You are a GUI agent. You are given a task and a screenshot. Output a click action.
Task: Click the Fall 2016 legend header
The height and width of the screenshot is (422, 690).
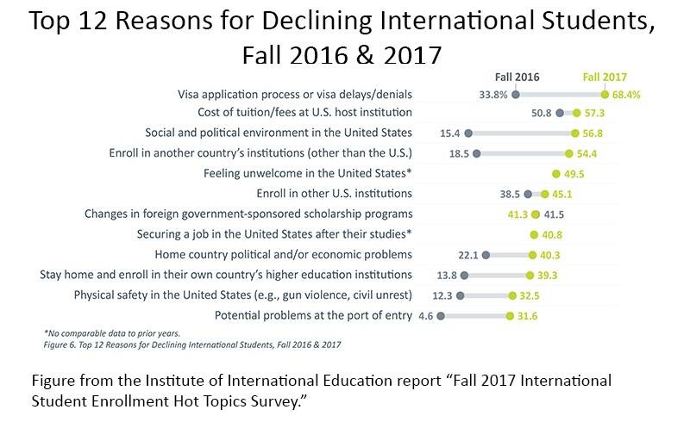[517, 77]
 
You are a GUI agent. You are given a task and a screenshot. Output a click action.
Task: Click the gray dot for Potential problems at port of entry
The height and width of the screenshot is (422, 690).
[441, 316]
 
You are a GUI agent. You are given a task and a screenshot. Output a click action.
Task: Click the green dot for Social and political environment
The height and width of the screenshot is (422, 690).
[574, 133]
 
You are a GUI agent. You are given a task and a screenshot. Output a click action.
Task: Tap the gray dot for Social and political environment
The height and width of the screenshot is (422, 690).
[468, 133]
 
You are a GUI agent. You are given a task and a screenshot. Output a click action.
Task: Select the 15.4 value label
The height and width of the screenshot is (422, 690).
[447, 133]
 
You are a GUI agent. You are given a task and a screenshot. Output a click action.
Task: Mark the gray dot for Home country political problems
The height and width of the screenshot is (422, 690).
[486, 255]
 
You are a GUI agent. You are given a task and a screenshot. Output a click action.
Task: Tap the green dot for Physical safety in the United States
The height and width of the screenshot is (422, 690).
[512, 295]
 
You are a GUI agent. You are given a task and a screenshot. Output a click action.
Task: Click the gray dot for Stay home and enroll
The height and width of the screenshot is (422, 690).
[465, 276]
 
